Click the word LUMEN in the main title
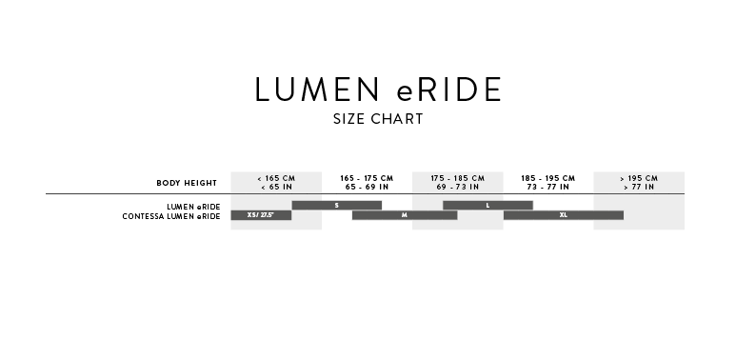tap(317, 90)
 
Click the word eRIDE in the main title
tap(449, 90)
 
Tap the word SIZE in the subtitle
tap(348, 119)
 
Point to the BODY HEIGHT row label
tap(187, 183)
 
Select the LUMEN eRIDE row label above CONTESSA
tap(193, 207)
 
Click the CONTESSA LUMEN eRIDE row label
tap(171, 216)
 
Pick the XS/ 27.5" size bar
tap(261, 215)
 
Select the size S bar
tap(336, 206)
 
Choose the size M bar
tap(405, 215)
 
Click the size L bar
tap(487, 206)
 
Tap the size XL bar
tap(563, 215)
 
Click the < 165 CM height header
tap(276, 178)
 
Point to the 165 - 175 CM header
tap(367, 178)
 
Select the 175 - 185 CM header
tap(458, 178)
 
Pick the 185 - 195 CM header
tap(548, 178)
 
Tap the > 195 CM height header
tap(639, 178)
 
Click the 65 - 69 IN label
tap(367, 187)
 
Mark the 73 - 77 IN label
tap(548, 187)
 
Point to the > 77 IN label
tap(639, 187)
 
